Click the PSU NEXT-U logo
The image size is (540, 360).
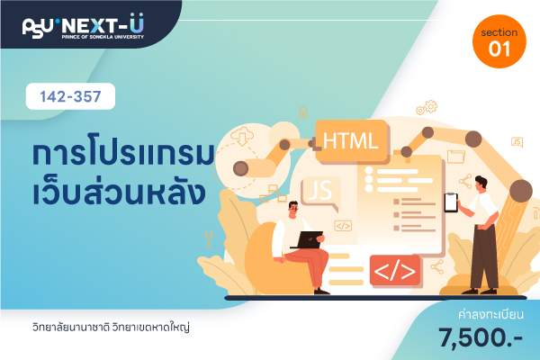click(x=83, y=26)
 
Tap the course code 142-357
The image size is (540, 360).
click(x=70, y=96)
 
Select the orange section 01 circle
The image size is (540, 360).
click(x=499, y=41)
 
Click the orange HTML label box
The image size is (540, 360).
click(x=351, y=141)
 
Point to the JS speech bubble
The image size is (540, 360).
click(x=320, y=192)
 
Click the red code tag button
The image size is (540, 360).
click(x=395, y=270)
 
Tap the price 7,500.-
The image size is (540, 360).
click(x=481, y=337)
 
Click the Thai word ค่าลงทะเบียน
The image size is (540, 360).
click(x=490, y=314)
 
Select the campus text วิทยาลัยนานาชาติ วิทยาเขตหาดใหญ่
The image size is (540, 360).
click(x=111, y=327)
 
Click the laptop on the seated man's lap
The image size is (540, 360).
click(x=308, y=239)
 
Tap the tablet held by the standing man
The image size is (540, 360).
click(x=451, y=202)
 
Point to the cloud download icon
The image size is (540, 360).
click(x=242, y=135)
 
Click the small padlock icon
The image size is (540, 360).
click(x=303, y=112)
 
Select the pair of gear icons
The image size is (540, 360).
click(x=427, y=107)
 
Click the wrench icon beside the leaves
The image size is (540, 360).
click(x=209, y=239)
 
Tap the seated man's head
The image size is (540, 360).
click(x=293, y=209)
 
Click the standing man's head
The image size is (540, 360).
click(x=480, y=184)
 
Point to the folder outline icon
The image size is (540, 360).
click(x=456, y=156)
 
